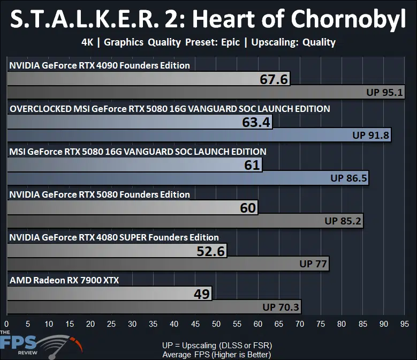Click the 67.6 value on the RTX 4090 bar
[x=274, y=79]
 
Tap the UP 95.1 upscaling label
[x=384, y=92]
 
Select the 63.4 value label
[x=256, y=122]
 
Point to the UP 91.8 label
[x=371, y=135]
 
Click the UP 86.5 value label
[x=348, y=178]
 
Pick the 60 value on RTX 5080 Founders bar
[x=248, y=208]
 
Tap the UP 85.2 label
[x=343, y=221]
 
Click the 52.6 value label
[x=210, y=251]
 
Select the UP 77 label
[x=313, y=264]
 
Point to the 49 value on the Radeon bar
[x=202, y=294]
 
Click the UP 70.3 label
[x=281, y=307]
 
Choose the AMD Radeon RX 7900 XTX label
[x=64, y=280]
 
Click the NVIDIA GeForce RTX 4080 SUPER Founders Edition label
[x=114, y=237]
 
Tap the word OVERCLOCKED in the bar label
[x=41, y=109]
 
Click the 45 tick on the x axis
[x=195, y=324]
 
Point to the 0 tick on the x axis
[x=6, y=324]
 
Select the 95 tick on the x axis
[x=405, y=324]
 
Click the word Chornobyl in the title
[x=348, y=19]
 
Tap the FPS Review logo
[x=41, y=344]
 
